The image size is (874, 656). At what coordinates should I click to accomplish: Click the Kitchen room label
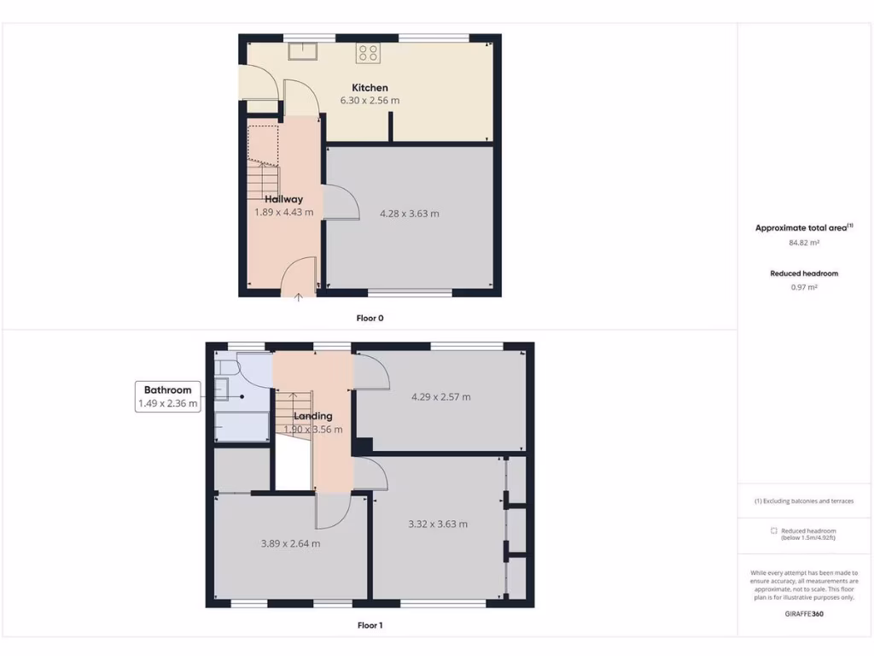[370, 87]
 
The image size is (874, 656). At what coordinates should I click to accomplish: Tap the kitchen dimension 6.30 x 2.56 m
[370, 100]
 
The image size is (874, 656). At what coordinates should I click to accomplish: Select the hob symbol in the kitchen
[368, 53]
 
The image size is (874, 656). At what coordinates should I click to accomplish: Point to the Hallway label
[283, 199]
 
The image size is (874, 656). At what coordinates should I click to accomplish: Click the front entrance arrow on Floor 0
[299, 297]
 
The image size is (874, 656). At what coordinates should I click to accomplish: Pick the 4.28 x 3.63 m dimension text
[409, 214]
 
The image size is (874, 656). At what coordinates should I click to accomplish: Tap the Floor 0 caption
[370, 318]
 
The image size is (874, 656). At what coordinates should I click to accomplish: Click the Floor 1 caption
[370, 625]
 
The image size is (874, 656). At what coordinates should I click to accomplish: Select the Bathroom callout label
[167, 389]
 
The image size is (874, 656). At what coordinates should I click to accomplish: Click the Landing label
[312, 416]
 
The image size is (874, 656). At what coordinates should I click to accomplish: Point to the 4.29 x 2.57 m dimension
[440, 396]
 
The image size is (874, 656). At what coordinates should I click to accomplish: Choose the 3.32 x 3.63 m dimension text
[438, 524]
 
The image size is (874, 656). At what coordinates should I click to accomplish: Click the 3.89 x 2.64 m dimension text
[290, 543]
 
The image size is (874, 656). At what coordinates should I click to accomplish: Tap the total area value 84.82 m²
[804, 243]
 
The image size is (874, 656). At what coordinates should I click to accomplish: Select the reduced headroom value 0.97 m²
[804, 288]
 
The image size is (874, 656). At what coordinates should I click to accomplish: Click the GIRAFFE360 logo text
[804, 613]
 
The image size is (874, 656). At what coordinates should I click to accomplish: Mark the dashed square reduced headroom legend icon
[774, 530]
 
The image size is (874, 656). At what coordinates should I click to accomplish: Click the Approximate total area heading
[802, 227]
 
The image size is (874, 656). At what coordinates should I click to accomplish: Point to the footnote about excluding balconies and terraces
[804, 501]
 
